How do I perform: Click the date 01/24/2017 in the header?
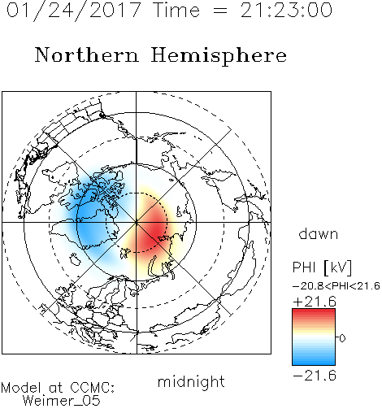click(x=74, y=11)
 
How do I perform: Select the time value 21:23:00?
click(x=286, y=11)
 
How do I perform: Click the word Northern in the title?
click(x=87, y=54)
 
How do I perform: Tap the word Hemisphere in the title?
click(x=219, y=56)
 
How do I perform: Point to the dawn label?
click(x=319, y=233)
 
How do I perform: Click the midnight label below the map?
click(x=191, y=382)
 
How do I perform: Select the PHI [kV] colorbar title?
click(x=322, y=267)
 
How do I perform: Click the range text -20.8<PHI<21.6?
click(x=336, y=286)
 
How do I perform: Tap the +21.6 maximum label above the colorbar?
click(x=315, y=302)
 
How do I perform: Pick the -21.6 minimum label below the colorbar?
click(x=315, y=376)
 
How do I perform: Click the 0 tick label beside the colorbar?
click(x=342, y=338)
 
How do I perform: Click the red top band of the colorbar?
click(x=314, y=315)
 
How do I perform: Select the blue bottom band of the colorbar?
click(x=314, y=360)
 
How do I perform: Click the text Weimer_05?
click(x=62, y=401)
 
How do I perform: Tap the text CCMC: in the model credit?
click(x=93, y=388)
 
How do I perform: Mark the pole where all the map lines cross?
click(x=137, y=222)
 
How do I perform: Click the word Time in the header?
click(x=176, y=11)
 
